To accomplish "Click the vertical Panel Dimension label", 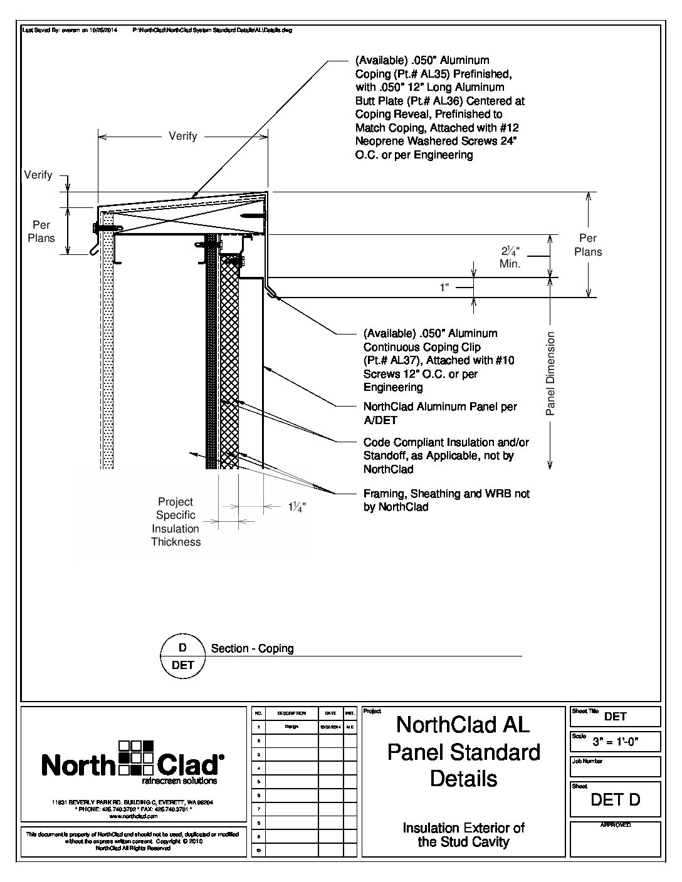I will tap(551, 373).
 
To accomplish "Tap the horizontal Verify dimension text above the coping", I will tap(182, 136).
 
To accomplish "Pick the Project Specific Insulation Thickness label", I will tap(176, 522).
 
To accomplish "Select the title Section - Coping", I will tap(253, 648).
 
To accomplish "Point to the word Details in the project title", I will tap(463, 779).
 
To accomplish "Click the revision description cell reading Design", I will tap(291, 727).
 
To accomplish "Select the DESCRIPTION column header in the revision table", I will tap(291, 713).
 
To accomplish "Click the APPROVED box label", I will tap(615, 825).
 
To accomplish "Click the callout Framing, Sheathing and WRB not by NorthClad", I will tap(446, 501).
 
